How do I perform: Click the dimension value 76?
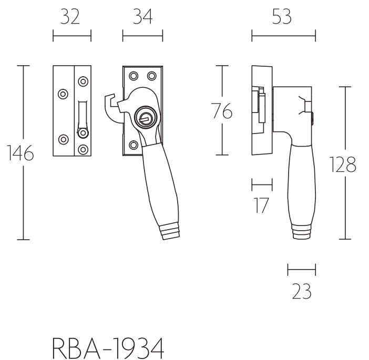pos(221,112)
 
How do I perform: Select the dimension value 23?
pos(301,291)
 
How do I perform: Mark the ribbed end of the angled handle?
pos(170,232)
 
